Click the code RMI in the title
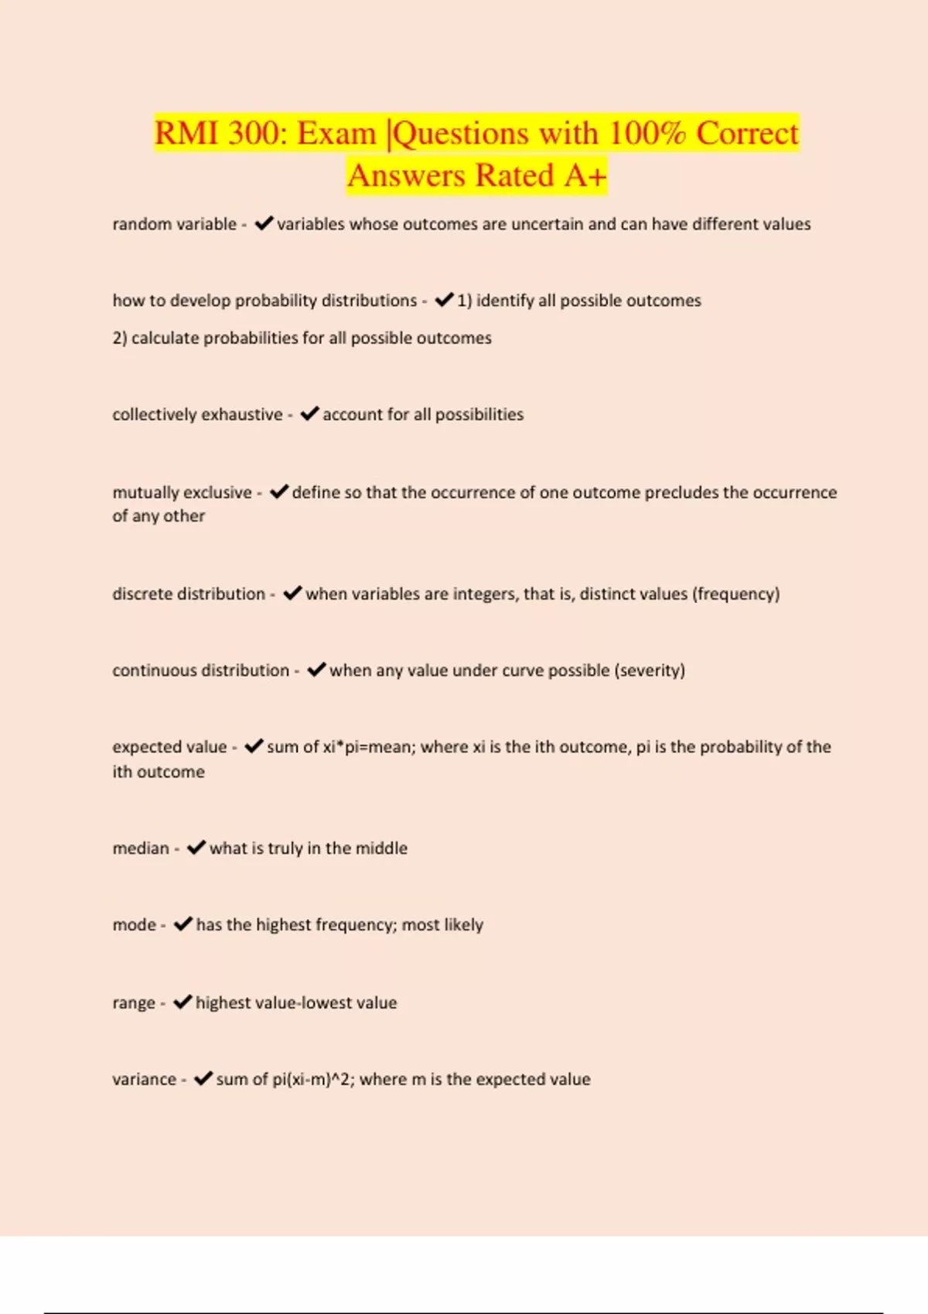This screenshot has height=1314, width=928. pos(186,133)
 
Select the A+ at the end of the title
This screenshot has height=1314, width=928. pos(585,175)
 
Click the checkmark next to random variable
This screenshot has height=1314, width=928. pos(264,223)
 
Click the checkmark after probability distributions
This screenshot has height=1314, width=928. pos(444,300)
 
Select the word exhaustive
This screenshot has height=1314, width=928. pos(242,414)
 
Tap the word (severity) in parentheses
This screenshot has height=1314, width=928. pos(650,670)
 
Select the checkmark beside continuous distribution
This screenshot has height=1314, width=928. pos(316,669)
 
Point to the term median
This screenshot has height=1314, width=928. pos(141,848)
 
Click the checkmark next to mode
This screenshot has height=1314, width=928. pos(183,924)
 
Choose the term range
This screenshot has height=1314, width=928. pos(134,1003)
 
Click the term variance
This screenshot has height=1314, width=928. pos(145,1079)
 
